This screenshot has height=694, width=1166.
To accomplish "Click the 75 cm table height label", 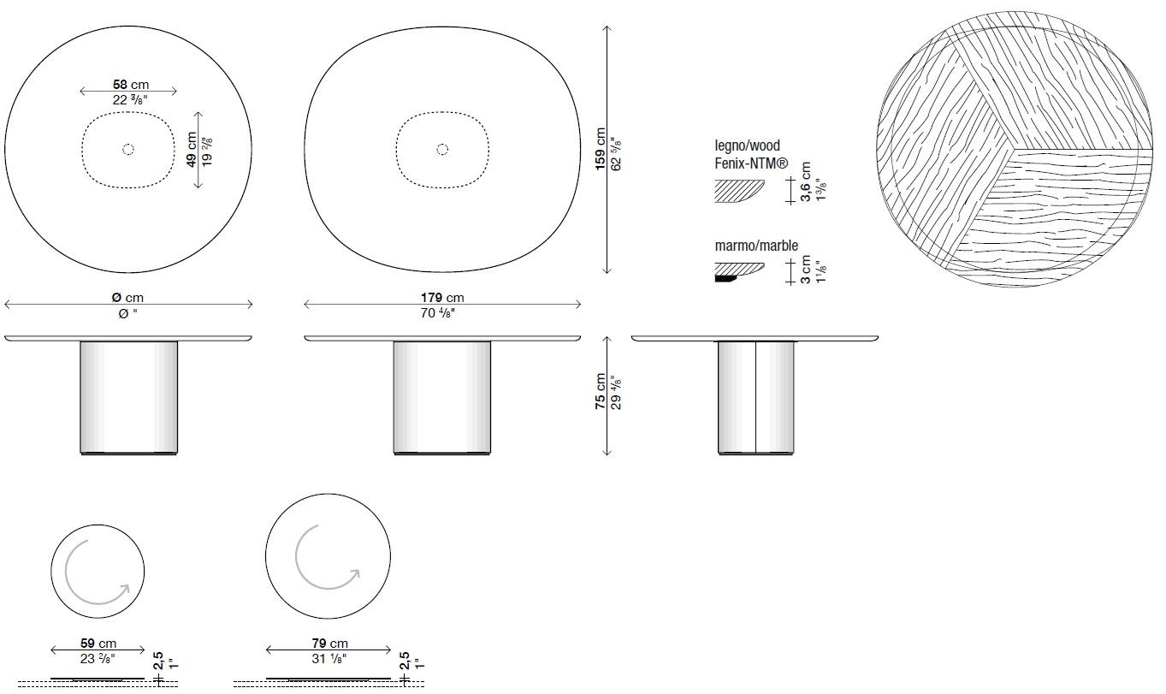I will (x=601, y=393).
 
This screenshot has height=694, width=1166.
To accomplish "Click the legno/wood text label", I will (x=747, y=146).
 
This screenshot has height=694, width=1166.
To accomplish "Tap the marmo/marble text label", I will (x=756, y=246).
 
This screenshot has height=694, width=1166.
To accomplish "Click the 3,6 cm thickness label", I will (x=805, y=182).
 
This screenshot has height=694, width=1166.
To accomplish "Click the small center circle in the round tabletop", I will (x=128, y=150).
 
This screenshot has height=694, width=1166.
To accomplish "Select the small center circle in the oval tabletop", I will (x=442, y=150).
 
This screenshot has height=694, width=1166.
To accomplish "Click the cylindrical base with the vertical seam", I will (x=755, y=396).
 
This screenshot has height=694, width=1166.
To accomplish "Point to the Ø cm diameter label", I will (x=127, y=298).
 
